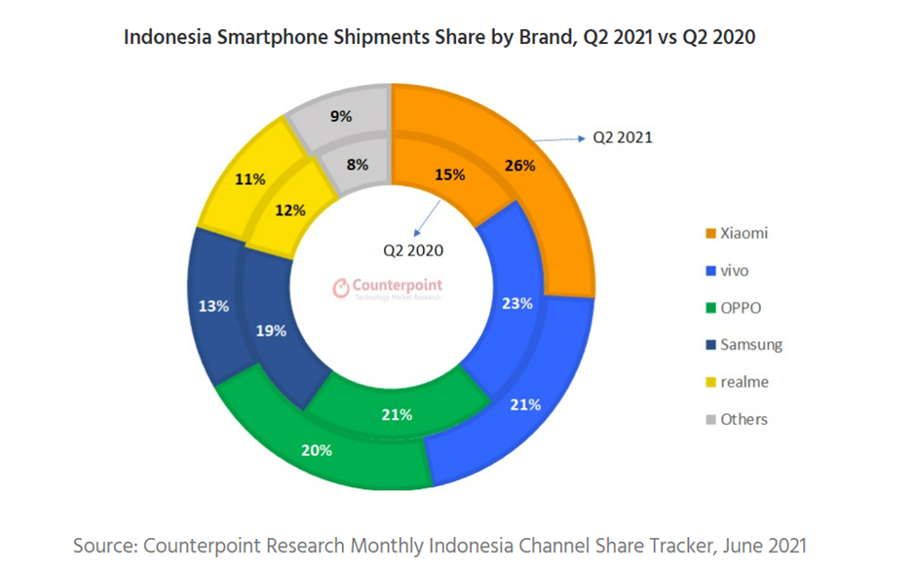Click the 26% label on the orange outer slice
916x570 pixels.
520,166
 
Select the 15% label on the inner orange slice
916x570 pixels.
449,175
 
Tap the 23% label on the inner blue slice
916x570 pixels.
516,304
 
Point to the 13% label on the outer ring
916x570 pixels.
213,306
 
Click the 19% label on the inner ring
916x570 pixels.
271,331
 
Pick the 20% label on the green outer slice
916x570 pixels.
317,450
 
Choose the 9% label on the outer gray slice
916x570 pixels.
341,116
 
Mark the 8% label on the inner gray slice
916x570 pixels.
358,165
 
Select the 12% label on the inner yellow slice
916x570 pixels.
290,209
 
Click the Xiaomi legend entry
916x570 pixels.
743,233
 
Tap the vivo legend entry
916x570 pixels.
734,270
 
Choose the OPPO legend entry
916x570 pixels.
740,308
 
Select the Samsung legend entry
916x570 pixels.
750,345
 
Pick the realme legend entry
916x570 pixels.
744,382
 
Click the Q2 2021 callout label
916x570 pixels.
623,137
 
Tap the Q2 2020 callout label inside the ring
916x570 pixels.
413,250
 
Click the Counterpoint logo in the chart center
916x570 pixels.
388,287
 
